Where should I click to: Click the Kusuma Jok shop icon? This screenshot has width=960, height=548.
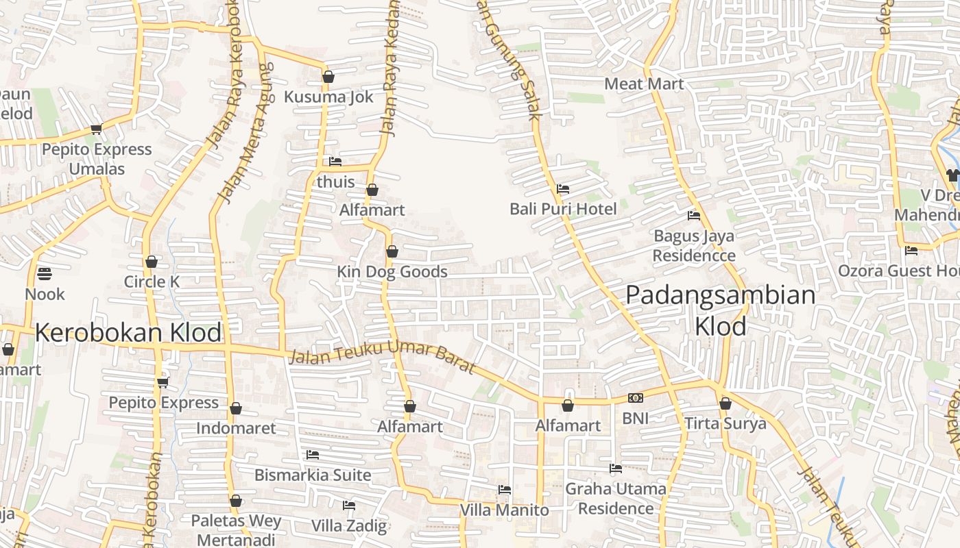328,77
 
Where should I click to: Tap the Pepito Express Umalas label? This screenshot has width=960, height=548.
97,159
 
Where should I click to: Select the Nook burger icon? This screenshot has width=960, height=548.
45,274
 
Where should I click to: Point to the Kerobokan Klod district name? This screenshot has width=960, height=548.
128,333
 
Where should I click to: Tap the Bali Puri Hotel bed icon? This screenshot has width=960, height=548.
563,189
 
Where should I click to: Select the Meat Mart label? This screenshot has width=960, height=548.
644,84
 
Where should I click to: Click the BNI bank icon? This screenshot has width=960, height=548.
635,398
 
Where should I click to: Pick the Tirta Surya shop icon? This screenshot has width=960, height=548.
725,404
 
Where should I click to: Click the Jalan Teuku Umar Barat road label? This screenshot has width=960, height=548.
382,357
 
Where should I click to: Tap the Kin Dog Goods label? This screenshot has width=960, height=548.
392,272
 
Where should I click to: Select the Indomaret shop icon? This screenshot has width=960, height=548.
236,409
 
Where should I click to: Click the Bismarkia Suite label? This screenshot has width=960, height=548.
313,475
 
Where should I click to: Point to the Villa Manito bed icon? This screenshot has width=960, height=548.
505,490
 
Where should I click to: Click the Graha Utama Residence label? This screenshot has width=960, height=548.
615,499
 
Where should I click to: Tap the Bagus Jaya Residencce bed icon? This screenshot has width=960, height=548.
694,216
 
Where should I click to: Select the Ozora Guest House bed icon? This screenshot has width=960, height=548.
911,251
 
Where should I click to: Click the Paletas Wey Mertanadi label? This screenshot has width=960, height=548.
236,530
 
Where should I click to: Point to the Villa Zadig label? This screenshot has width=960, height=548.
349,526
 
